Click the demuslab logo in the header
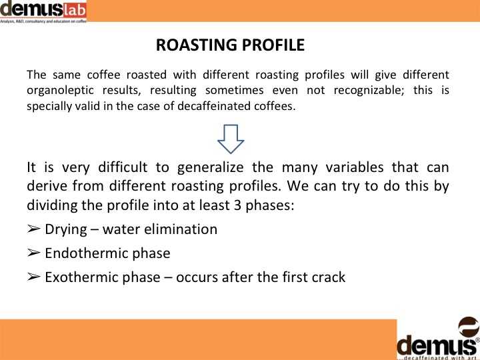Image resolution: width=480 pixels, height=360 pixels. [x=43, y=11]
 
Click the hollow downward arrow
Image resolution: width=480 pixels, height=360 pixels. [x=231, y=139]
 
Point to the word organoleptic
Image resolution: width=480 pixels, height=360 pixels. [x=60, y=91]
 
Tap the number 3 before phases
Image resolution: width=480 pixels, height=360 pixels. [x=237, y=205]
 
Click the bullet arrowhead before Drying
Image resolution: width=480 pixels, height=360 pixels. [x=33, y=229]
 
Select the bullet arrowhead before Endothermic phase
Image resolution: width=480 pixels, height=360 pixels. [x=33, y=253]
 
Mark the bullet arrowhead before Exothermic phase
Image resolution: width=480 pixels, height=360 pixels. [x=33, y=277]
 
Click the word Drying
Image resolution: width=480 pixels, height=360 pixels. [x=66, y=230]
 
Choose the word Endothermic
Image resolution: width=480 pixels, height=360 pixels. [x=86, y=253]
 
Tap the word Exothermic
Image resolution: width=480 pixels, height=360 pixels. [x=81, y=277]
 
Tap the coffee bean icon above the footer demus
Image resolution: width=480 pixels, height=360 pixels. [x=469, y=327]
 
